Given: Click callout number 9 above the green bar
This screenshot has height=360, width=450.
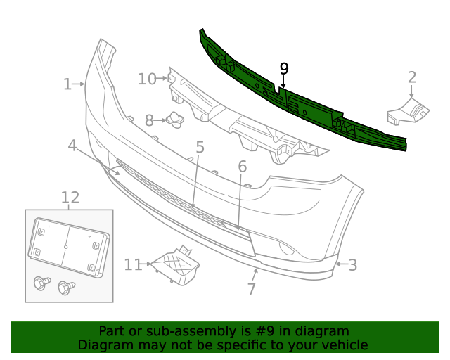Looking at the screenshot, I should pyautogui.click(x=284, y=68).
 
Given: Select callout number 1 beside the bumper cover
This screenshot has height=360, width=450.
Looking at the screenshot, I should pyautogui.click(x=67, y=84).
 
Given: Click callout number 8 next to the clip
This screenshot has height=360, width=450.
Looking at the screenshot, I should pyautogui.click(x=149, y=121).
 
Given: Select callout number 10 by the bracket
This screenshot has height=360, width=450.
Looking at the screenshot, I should pyautogui.click(x=147, y=79).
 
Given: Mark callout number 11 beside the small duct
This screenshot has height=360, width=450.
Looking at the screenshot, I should pyautogui.click(x=133, y=264).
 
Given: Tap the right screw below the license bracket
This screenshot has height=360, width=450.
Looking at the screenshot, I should pyautogui.click(x=66, y=287).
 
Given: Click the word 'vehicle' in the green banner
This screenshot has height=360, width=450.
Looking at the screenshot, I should pyautogui.click(x=344, y=345).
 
